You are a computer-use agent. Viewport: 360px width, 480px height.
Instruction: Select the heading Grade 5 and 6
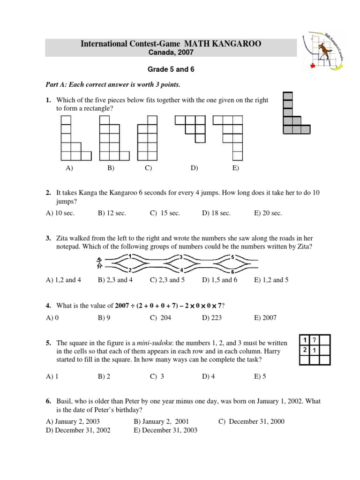tap(171, 69)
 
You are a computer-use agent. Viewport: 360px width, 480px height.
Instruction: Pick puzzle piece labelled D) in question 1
tap(190, 128)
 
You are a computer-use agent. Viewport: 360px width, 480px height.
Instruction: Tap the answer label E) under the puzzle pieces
tap(235, 168)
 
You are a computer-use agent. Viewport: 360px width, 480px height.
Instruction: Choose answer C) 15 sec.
tap(165, 213)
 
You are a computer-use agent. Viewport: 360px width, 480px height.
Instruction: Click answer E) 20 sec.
tap(268, 213)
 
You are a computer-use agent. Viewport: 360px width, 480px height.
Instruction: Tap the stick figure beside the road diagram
tap(99, 263)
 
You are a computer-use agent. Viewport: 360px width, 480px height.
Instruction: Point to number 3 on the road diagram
tap(181, 256)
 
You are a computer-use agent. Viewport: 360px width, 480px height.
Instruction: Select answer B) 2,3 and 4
tap(115, 280)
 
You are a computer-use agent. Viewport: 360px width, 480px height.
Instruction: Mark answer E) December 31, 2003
tap(165, 430)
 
